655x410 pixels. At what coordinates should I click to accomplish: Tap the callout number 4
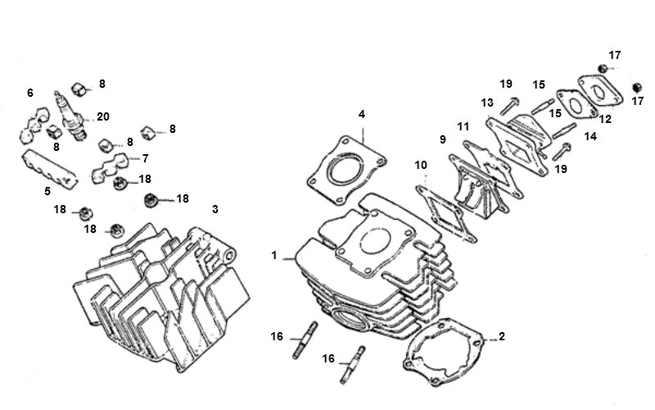[x=361, y=115]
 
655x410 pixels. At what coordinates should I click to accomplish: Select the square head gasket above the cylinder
[x=345, y=172]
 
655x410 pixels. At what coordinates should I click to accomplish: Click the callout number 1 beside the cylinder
[x=274, y=256]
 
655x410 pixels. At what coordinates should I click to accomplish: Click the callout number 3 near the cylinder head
[x=215, y=210]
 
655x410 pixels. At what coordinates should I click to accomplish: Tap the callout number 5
[x=47, y=191]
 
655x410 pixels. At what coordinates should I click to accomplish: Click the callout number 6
[x=30, y=93]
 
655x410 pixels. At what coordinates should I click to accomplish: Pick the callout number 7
[x=145, y=157]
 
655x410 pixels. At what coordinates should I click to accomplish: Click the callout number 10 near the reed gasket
[x=420, y=166]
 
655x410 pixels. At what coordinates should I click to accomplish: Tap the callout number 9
[x=443, y=140]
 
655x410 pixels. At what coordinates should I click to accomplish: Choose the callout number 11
[x=463, y=126]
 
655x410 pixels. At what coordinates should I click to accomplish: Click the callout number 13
[x=487, y=103]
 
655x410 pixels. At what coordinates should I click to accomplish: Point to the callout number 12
[x=605, y=120]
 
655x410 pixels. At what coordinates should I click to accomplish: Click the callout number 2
[x=502, y=337]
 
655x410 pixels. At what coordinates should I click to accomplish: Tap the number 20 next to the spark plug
[x=102, y=116]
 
